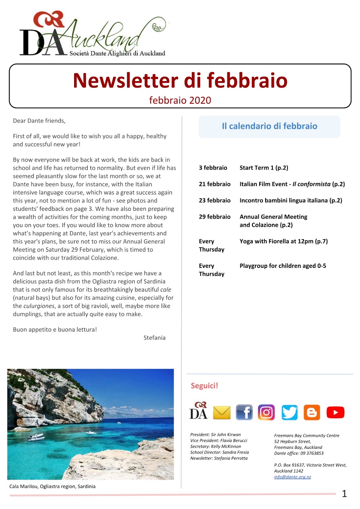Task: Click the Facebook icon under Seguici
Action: point(244,412)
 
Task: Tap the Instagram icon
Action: point(266,412)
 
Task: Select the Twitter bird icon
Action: point(289,412)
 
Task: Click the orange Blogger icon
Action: point(312,412)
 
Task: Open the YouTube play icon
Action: point(335,412)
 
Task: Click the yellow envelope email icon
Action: point(222,413)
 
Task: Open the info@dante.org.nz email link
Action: point(292,477)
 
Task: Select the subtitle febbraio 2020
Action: point(180,100)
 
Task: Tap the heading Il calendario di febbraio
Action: point(269,126)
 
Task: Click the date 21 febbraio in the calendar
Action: point(215,184)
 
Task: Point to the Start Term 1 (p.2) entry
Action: point(264,168)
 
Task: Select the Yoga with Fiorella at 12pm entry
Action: point(283,241)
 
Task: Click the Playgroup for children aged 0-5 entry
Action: point(283,266)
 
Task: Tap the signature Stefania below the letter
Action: point(154,338)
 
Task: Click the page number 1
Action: point(344,493)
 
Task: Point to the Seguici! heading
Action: point(204,386)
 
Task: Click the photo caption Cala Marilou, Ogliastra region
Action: point(52,486)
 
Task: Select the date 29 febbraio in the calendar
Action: point(215,217)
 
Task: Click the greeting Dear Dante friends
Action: point(39,121)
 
